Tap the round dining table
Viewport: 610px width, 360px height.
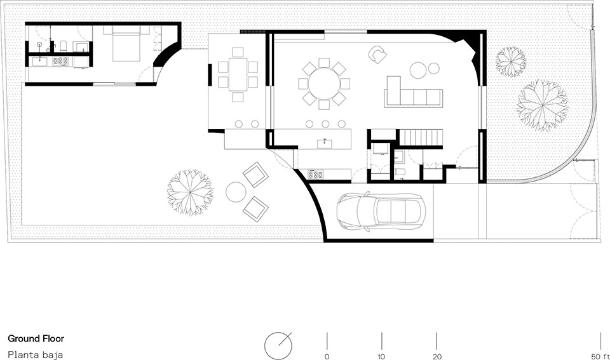[x=324, y=84]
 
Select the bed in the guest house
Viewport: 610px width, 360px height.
[x=126, y=44]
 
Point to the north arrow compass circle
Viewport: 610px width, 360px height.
[x=278, y=345]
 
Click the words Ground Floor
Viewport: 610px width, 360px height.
[x=36, y=338]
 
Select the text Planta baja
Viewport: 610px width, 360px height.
[x=35, y=354]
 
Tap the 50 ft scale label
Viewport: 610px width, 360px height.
[x=600, y=356]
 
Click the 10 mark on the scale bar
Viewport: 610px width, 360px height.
[x=381, y=356]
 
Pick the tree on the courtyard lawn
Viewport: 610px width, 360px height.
[x=190, y=192]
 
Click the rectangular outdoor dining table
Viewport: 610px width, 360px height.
[x=238, y=74]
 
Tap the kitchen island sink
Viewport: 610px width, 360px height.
[x=325, y=143]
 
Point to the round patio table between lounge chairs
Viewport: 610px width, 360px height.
[x=235, y=192]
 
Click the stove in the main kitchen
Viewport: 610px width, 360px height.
[x=316, y=175]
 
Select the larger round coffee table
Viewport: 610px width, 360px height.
[x=418, y=70]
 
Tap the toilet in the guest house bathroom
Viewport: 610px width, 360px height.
[x=64, y=46]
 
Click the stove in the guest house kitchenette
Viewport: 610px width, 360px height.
[x=60, y=61]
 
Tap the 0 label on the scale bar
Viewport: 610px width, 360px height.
[x=327, y=356]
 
